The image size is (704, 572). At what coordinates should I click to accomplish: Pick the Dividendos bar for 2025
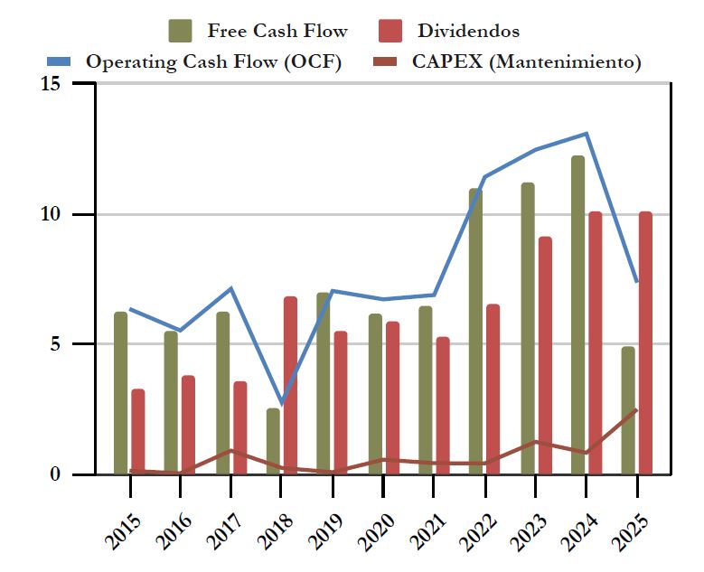(645, 342)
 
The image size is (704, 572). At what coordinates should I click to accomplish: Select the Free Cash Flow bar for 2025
(628, 410)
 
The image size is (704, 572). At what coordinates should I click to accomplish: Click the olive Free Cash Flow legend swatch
(180, 31)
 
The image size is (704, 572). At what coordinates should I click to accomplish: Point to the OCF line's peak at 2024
(587, 134)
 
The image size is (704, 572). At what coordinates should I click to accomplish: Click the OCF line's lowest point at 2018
(281, 403)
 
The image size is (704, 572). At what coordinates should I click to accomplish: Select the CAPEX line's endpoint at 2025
(637, 409)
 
